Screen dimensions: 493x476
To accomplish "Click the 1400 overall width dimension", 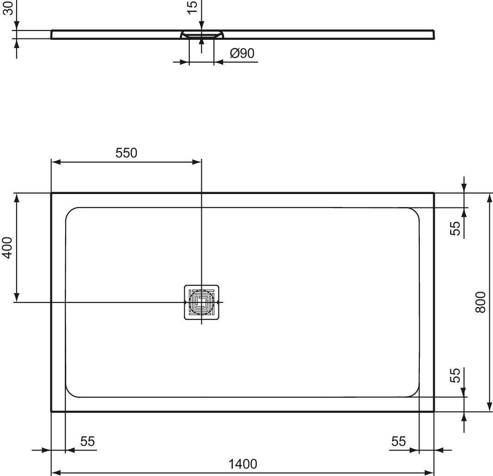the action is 243,464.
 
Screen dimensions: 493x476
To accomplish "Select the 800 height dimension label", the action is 481,302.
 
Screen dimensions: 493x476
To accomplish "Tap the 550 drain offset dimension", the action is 126,153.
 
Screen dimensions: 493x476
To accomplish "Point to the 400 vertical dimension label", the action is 7,248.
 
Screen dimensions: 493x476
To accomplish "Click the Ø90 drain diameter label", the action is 242,53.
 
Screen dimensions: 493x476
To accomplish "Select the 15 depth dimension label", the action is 192,7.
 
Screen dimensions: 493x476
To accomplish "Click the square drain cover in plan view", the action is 201,302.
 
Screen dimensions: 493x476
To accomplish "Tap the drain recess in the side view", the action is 201,34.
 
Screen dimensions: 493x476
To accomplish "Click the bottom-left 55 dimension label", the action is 87,441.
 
